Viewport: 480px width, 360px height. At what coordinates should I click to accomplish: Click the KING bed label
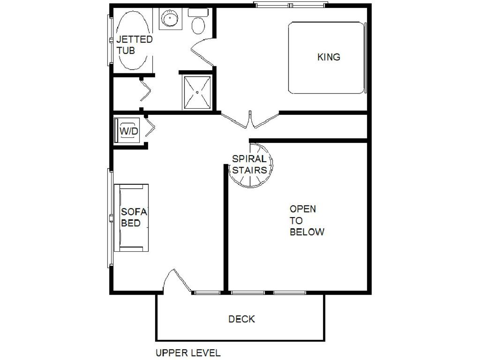(x=329, y=57)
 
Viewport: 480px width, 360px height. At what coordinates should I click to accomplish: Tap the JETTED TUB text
(x=134, y=45)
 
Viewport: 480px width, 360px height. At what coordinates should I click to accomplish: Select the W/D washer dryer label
(x=128, y=131)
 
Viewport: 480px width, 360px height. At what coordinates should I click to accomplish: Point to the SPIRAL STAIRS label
(x=249, y=165)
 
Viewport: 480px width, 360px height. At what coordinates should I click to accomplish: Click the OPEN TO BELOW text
(x=307, y=220)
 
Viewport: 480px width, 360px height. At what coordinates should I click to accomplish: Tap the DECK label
(x=241, y=319)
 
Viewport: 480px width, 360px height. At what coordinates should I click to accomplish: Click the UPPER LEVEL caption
(x=188, y=352)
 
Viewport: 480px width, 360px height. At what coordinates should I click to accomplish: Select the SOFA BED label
(x=134, y=217)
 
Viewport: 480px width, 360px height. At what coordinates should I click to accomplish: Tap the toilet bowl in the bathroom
(x=198, y=25)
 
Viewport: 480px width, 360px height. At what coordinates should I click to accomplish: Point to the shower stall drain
(x=197, y=92)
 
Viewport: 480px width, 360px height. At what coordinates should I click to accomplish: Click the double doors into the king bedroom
(x=250, y=120)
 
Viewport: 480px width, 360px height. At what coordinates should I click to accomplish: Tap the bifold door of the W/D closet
(x=150, y=126)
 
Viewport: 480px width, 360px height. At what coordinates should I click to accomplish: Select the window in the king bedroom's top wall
(x=291, y=5)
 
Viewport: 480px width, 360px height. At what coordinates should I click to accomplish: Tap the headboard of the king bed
(x=365, y=58)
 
